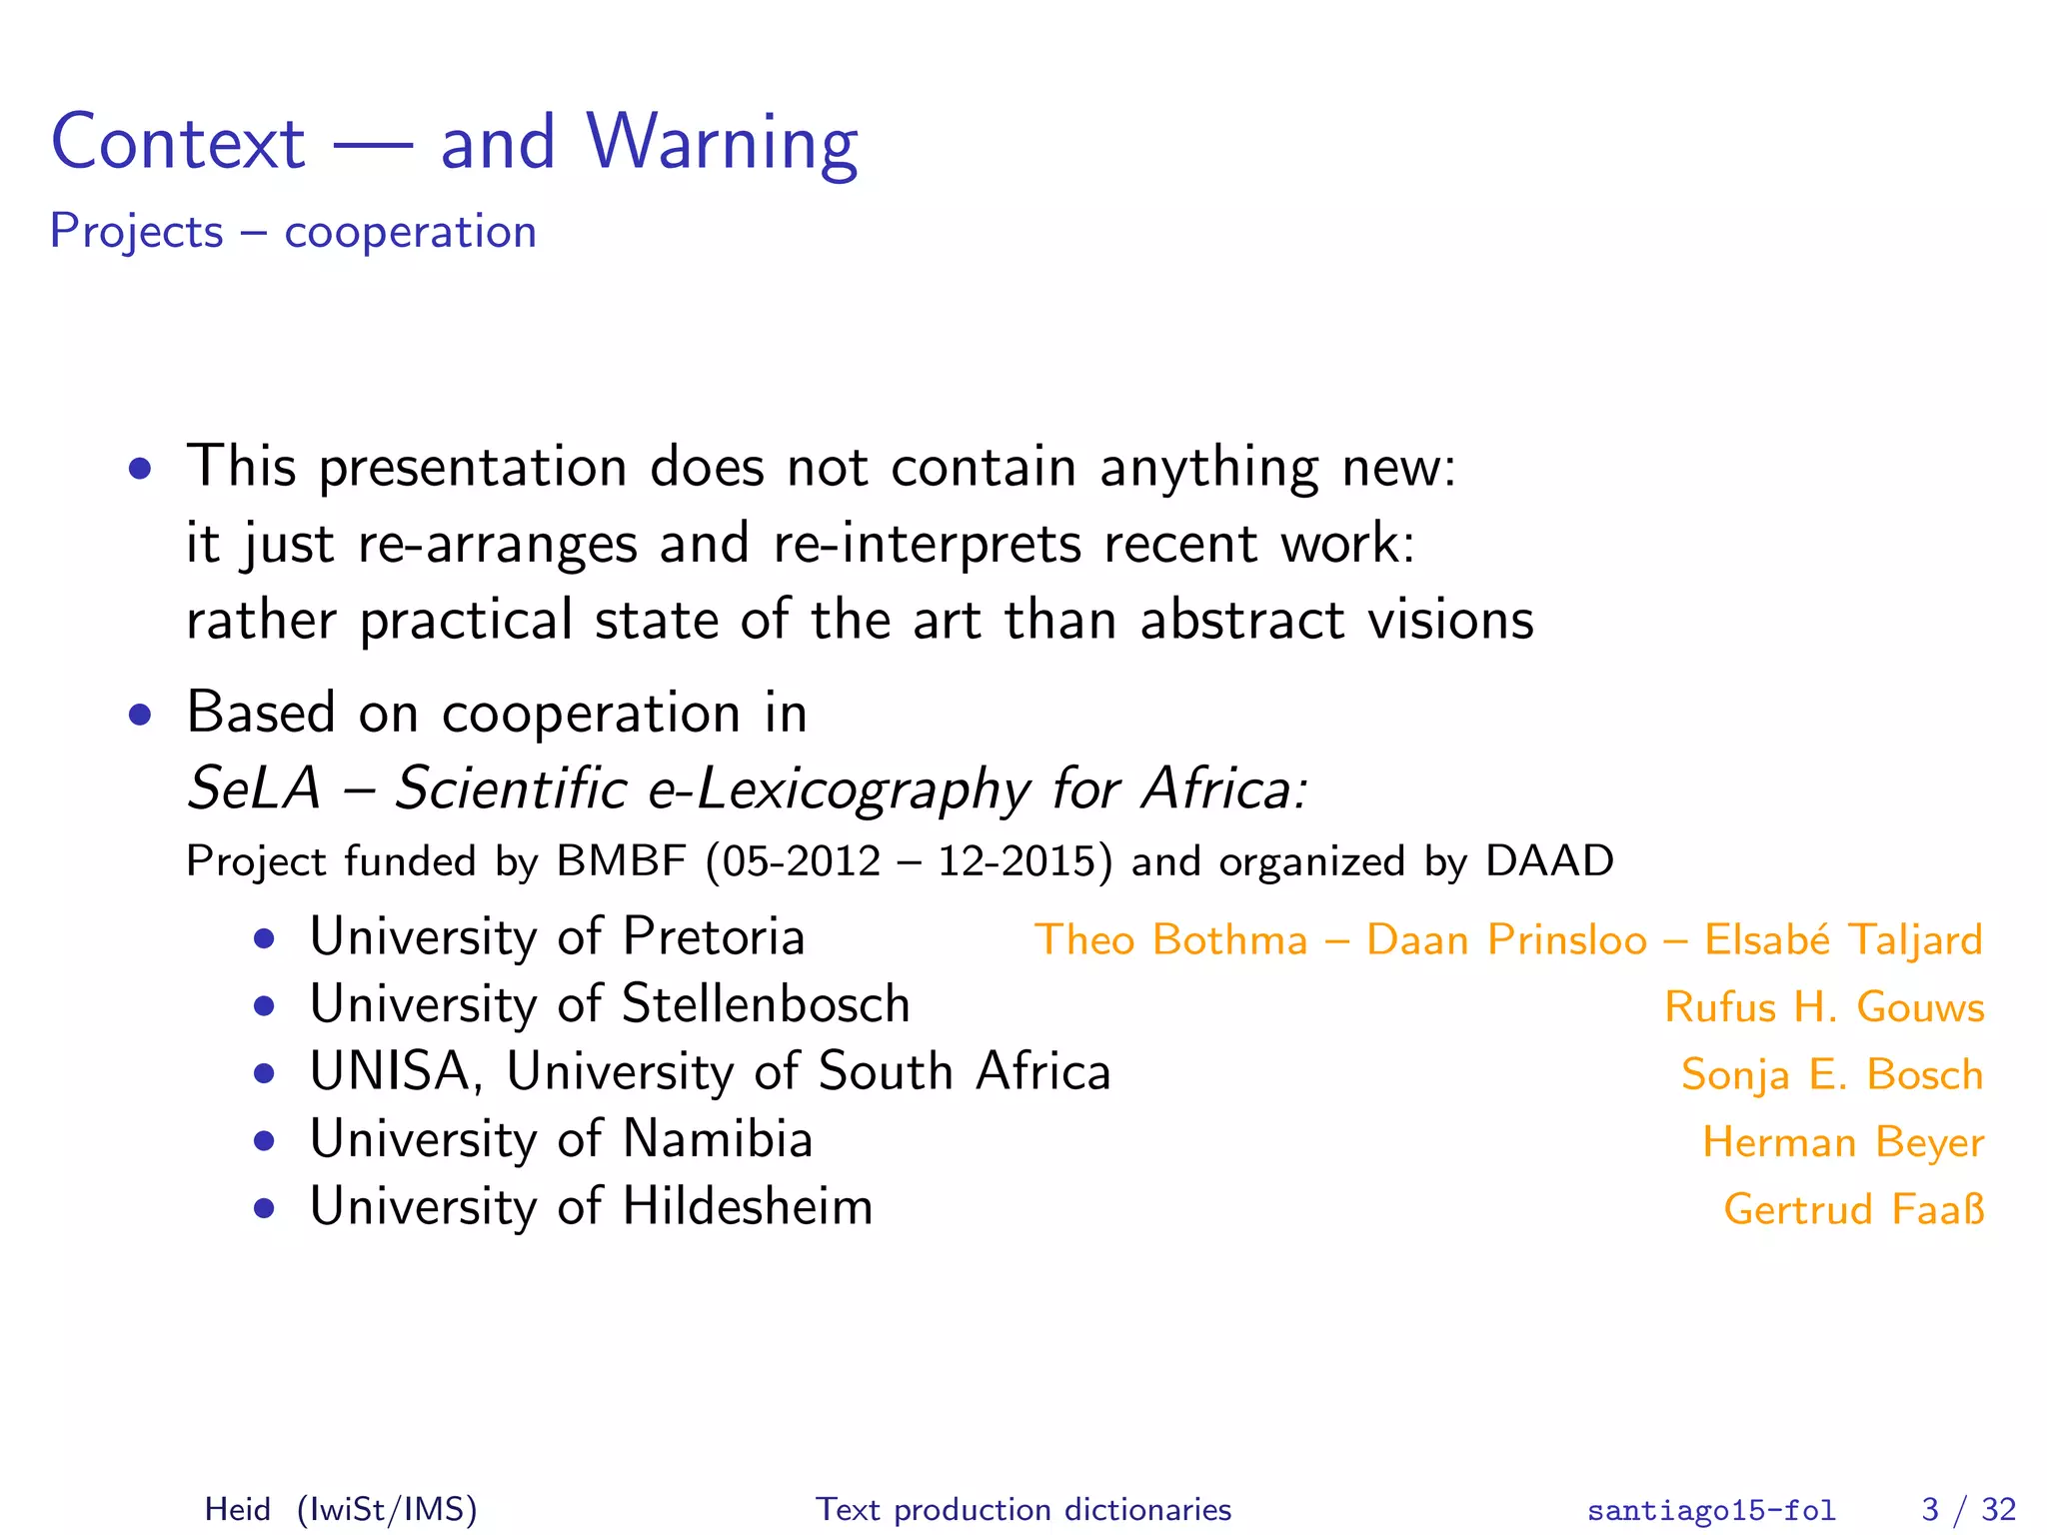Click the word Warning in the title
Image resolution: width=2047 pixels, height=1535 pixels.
click(722, 143)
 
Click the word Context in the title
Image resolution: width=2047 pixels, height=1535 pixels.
click(178, 143)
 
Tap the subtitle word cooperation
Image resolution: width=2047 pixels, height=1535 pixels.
click(410, 233)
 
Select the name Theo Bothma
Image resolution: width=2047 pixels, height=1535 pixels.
click(1170, 940)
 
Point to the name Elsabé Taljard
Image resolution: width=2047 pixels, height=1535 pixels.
click(1843, 940)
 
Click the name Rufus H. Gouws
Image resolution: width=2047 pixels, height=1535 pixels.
click(1824, 1007)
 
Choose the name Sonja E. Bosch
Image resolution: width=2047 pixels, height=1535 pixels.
click(1832, 1075)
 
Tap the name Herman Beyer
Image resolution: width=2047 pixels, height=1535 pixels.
click(1843, 1142)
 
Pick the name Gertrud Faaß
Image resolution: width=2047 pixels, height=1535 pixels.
click(1854, 1209)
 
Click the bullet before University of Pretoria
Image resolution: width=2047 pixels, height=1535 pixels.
click(264, 939)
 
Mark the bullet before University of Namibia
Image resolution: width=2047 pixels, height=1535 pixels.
click(264, 1141)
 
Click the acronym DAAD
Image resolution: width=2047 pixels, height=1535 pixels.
click(1549, 861)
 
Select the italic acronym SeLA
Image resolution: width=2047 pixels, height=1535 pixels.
click(254, 788)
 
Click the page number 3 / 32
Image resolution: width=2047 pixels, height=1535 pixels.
click(1968, 1509)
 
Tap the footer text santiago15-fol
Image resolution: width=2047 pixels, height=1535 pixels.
click(1711, 1510)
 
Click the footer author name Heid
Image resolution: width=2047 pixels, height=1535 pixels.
click(238, 1509)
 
